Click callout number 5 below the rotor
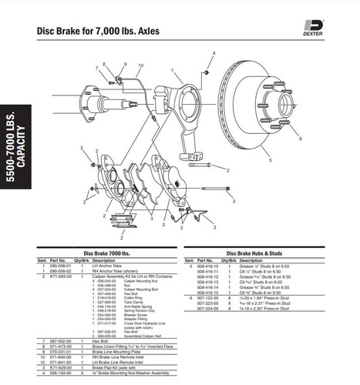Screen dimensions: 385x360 [x=270, y=161]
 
